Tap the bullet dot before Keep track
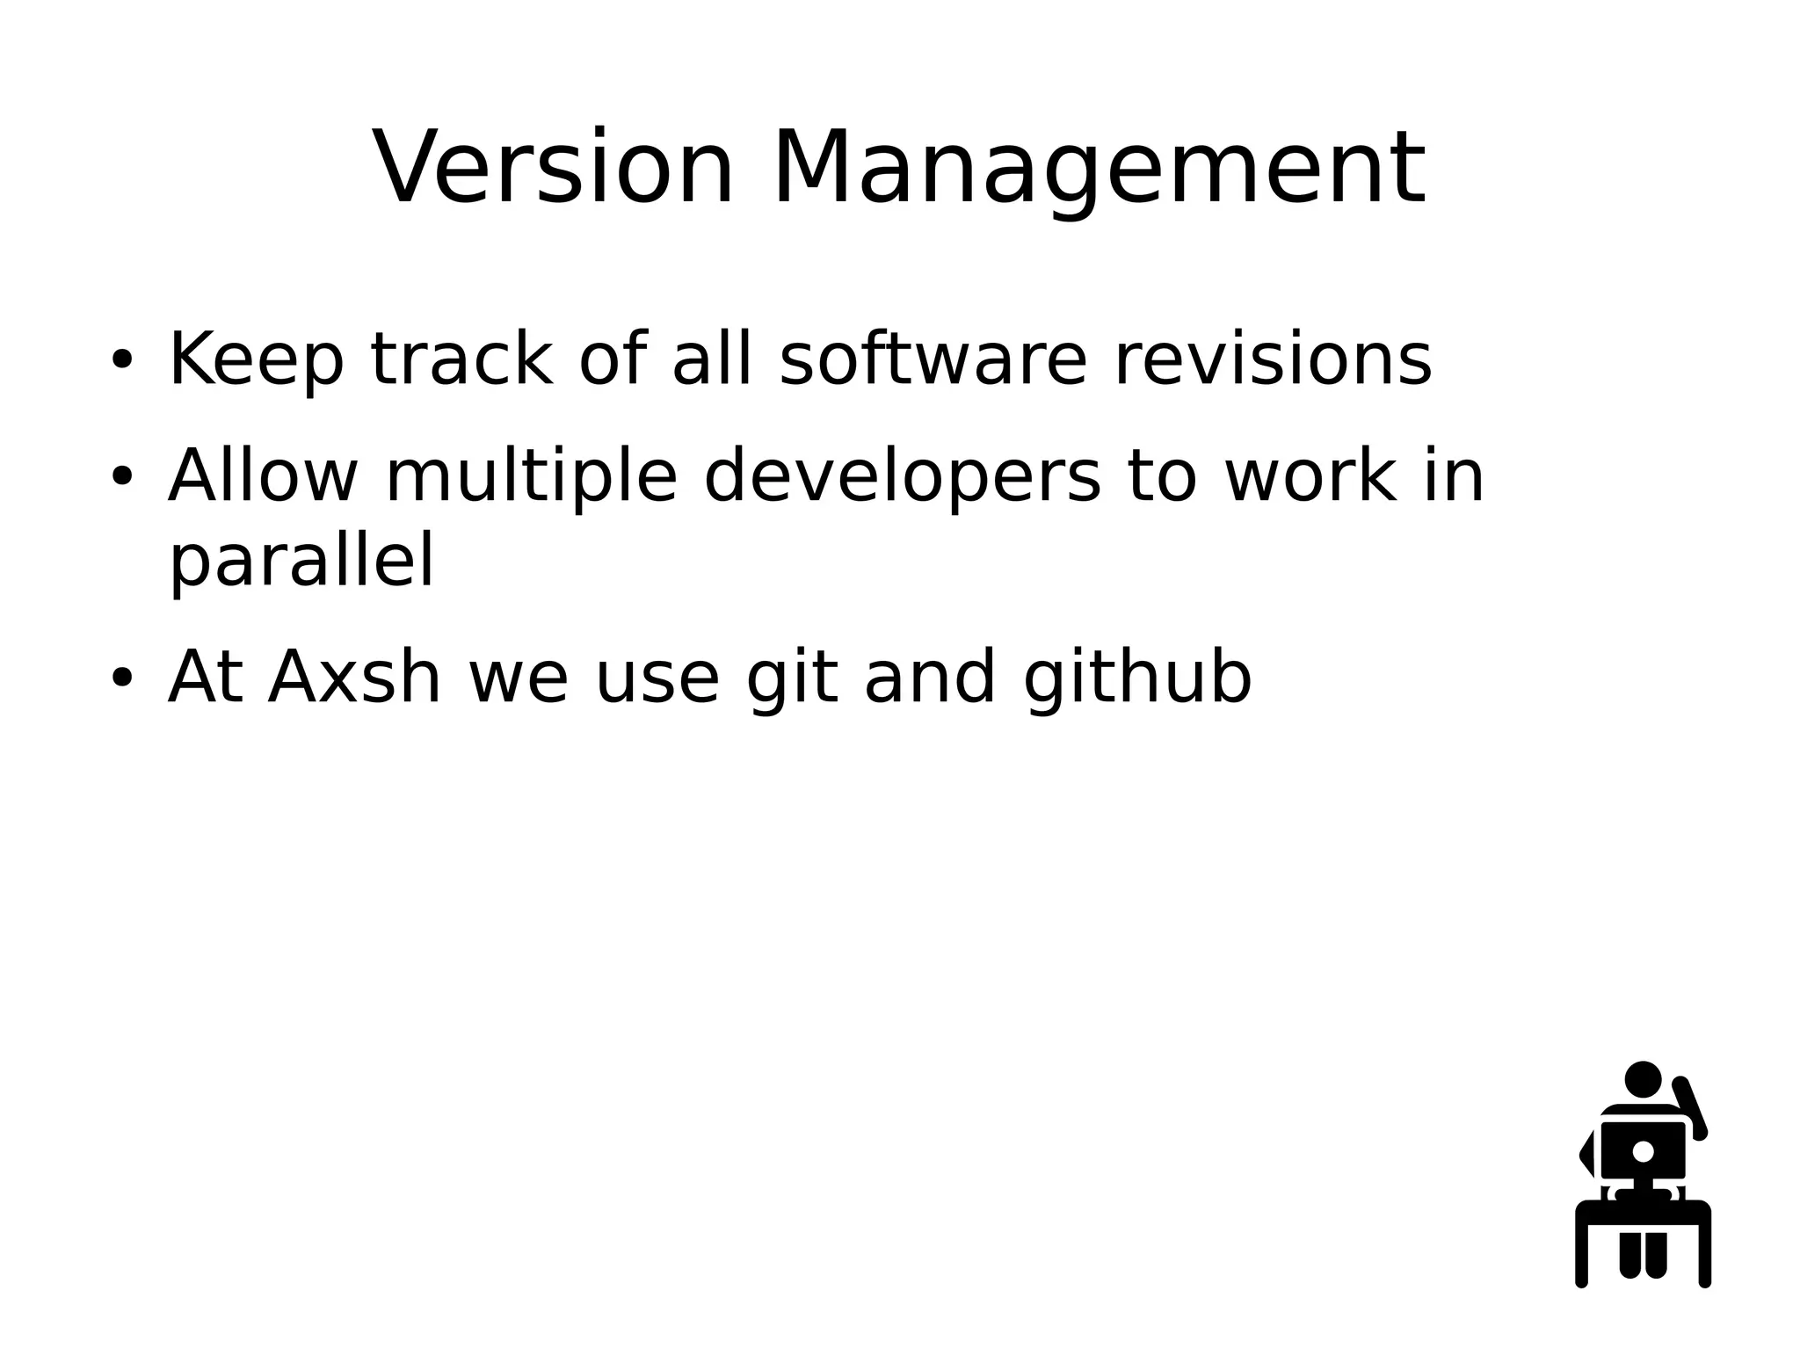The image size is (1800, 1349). pyautogui.click(x=121, y=359)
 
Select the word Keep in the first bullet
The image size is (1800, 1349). pyautogui.click(x=255, y=359)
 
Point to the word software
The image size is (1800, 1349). pyautogui.click(x=933, y=359)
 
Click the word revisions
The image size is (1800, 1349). pyautogui.click(x=1273, y=359)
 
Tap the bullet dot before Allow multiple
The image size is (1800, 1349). pyautogui.click(x=121, y=476)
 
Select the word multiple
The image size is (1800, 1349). pyautogui.click(x=532, y=476)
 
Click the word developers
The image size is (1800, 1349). pyautogui.click(x=902, y=476)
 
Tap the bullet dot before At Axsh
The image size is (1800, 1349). pyautogui.click(x=121, y=678)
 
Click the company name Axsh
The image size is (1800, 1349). pyautogui.click(x=353, y=678)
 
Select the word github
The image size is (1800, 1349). pyautogui.click(x=1137, y=678)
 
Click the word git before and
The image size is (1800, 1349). pyautogui.click(x=791, y=678)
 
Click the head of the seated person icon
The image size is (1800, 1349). pyautogui.click(x=1643, y=1079)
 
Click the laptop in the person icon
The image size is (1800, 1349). pyautogui.click(x=1643, y=1150)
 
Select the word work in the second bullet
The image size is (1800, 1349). pyautogui.click(x=1310, y=476)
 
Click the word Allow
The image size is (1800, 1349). pyautogui.click(x=262, y=476)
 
